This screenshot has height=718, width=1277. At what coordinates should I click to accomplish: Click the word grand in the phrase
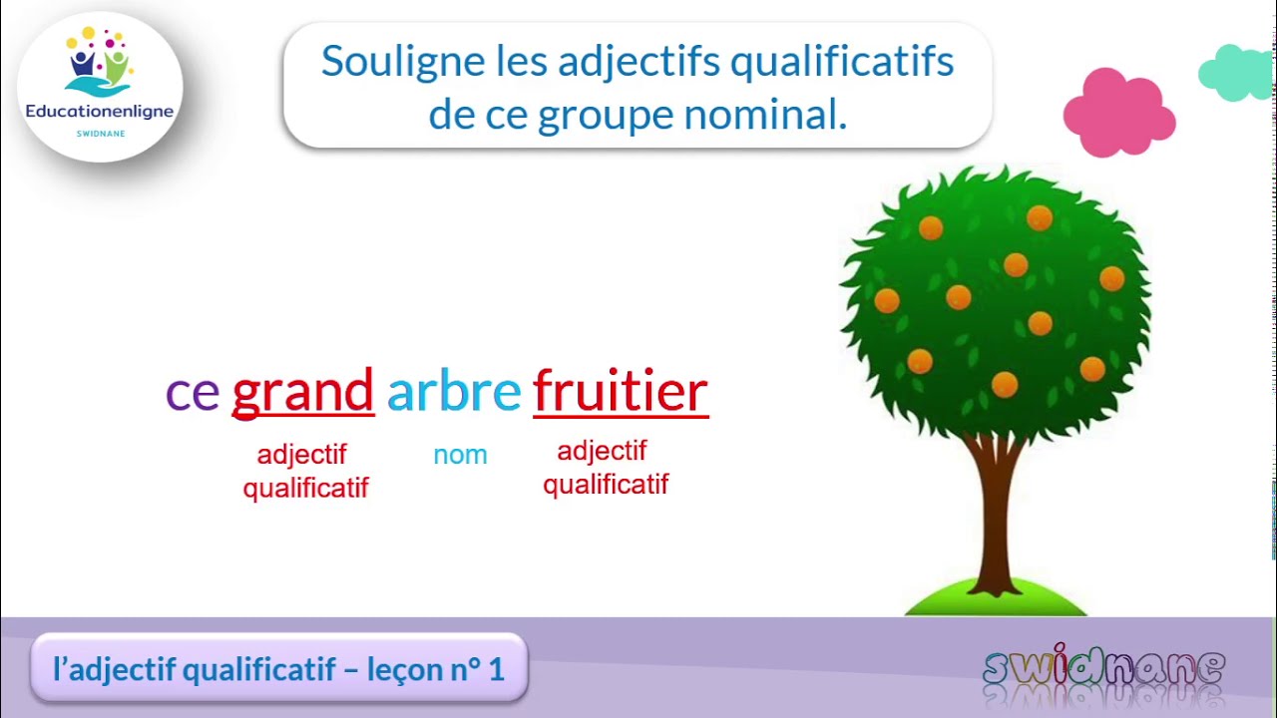pos(302,391)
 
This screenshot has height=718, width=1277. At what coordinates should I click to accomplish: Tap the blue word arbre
pos(453,391)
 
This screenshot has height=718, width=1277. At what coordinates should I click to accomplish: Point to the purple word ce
pos(192,393)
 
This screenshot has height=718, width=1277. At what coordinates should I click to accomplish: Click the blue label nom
pos(460,455)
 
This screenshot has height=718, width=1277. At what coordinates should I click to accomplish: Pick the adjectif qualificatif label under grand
pos(304,471)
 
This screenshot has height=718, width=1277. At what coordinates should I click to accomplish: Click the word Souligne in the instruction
pos(401,62)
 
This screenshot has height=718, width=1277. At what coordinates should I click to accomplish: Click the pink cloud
pos(1118,114)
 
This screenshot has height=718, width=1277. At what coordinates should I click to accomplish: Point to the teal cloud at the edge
pos(1238,74)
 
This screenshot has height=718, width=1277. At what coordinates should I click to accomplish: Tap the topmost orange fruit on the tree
pos(1040,217)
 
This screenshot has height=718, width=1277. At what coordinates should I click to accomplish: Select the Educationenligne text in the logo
pos(100,112)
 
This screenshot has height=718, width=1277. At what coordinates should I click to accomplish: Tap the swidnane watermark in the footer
pos(1103,668)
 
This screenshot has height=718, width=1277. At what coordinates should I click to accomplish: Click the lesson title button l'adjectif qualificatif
pos(278,669)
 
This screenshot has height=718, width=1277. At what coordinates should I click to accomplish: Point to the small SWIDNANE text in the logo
pos(100,134)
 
